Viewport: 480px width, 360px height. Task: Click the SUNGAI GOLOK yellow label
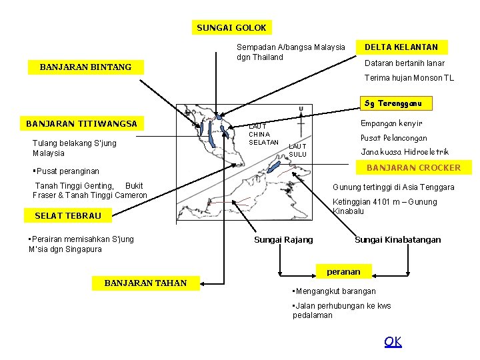pyautogui.click(x=231, y=27)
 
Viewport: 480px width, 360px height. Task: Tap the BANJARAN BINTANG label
pyautogui.click(x=86, y=67)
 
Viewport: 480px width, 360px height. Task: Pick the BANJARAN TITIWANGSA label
pyautogui.click(x=81, y=123)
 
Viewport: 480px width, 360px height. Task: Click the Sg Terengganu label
pyautogui.click(x=397, y=103)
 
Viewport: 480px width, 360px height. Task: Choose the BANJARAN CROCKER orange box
pyautogui.click(x=413, y=167)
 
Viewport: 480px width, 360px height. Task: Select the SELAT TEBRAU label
pyautogui.click(x=68, y=215)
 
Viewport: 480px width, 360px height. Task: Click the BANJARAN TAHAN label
pyautogui.click(x=145, y=283)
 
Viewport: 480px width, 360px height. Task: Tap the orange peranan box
pyautogui.click(x=343, y=271)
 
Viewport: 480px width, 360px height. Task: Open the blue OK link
pyautogui.click(x=393, y=342)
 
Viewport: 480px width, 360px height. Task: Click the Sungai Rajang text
pyautogui.click(x=283, y=240)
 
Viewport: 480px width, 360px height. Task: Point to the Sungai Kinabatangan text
pyautogui.click(x=397, y=240)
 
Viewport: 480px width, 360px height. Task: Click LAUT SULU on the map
pyautogui.click(x=297, y=150)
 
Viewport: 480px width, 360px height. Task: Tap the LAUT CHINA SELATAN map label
pyautogui.click(x=263, y=134)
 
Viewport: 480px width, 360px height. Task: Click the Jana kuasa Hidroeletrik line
pyautogui.click(x=405, y=152)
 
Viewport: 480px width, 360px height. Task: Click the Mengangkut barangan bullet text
pyautogui.click(x=335, y=291)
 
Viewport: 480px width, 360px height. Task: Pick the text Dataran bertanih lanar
pyautogui.click(x=404, y=63)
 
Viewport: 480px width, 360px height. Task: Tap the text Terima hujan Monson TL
pyautogui.click(x=409, y=78)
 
